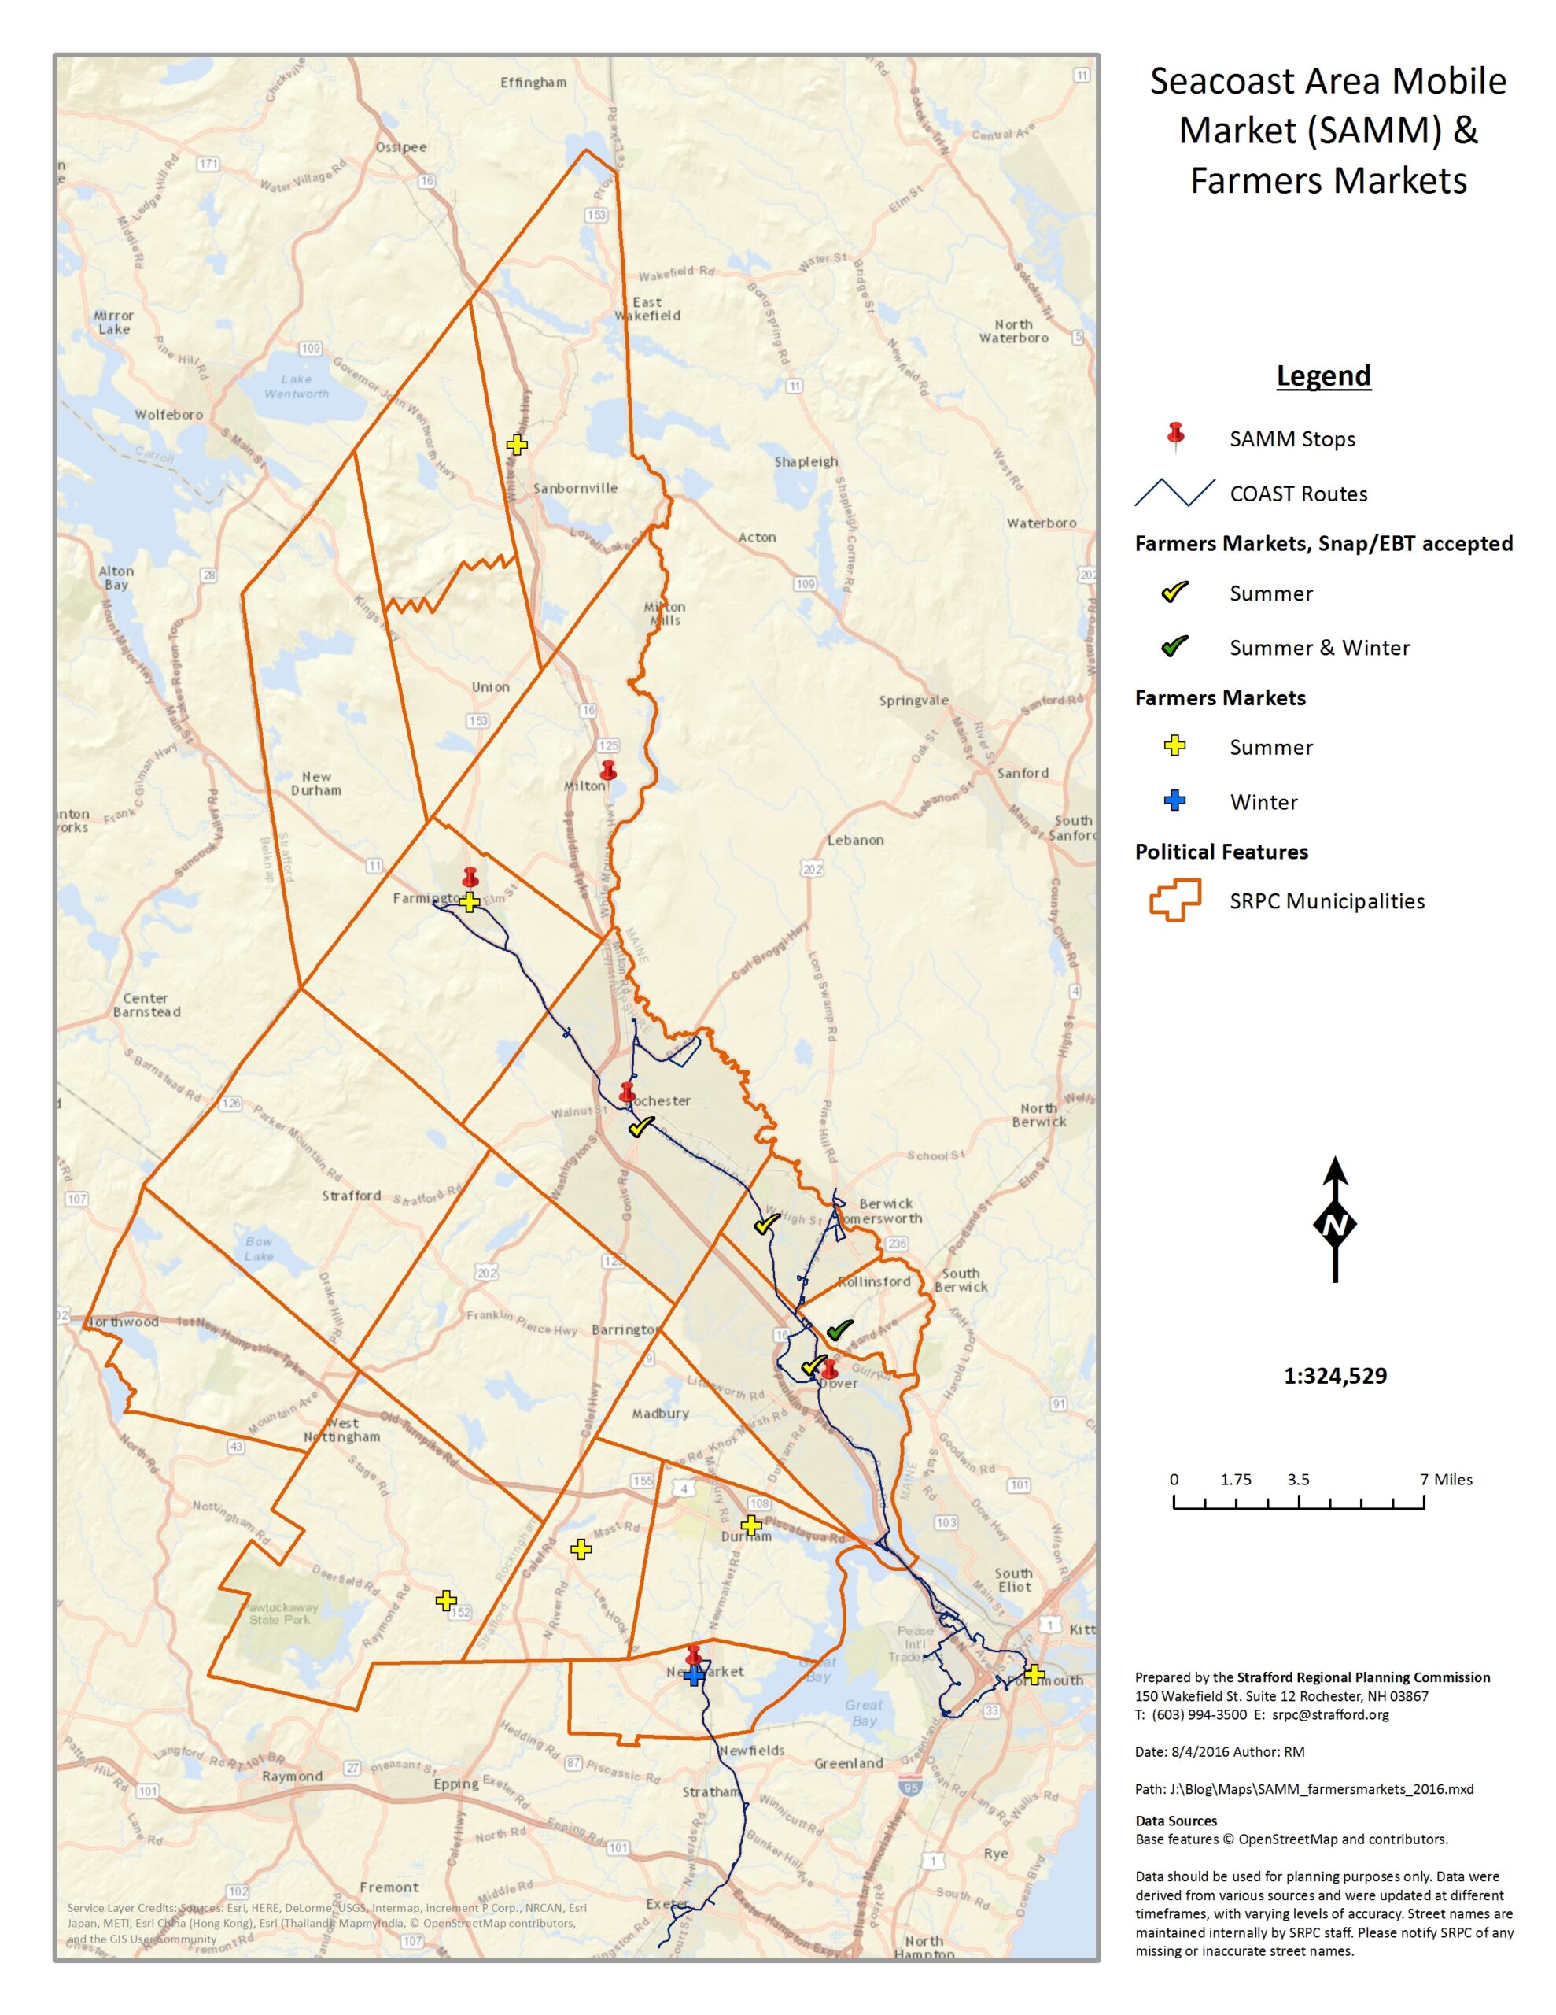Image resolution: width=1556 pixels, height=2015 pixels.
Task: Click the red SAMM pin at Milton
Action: pyautogui.click(x=607, y=771)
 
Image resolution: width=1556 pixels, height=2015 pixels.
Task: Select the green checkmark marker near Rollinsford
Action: pyautogui.click(x=839, y=1330)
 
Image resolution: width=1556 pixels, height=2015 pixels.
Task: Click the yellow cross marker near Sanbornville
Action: pyautogui.click(x=517, y=445)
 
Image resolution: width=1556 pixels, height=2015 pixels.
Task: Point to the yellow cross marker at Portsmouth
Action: pyautogui.click(x=1034, y=1673)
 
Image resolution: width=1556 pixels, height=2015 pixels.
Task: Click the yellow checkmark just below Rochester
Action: pyautogui.click(x=641, y=1126)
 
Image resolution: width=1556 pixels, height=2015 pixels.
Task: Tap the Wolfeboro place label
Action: pyautogui.click(x=169, y=414)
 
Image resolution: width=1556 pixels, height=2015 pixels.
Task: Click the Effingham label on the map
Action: pyautogui.click(x=533, y=82)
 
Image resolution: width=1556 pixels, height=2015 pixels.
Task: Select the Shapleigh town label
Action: pyautogui.click(x=806, y=461)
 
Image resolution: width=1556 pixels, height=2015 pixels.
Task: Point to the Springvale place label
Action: pyautogui.click(x=913, y=701)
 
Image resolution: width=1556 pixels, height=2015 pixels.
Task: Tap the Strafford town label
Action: pyautogui.click(x=352, y=1196)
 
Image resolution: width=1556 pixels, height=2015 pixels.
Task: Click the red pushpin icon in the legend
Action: pyautogui.click(x=1175, y=435)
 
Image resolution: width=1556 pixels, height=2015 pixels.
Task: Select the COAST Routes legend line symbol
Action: pyautogui.click(x=1174, y=493)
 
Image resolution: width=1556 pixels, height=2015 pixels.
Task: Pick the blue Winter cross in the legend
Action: pyautogui.click(x=1174, y=800)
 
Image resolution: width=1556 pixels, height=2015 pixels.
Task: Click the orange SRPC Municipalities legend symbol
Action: pyautogui.click(x=1174, y=900)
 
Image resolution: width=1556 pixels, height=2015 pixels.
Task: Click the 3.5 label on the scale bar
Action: pyautogui.click(x=1298, y=1479)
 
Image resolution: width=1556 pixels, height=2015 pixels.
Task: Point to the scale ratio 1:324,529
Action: pyautogui.click(x=1335, y=1376)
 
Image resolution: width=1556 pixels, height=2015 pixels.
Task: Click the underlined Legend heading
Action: pyautogui.click(x=1322, y=375)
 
